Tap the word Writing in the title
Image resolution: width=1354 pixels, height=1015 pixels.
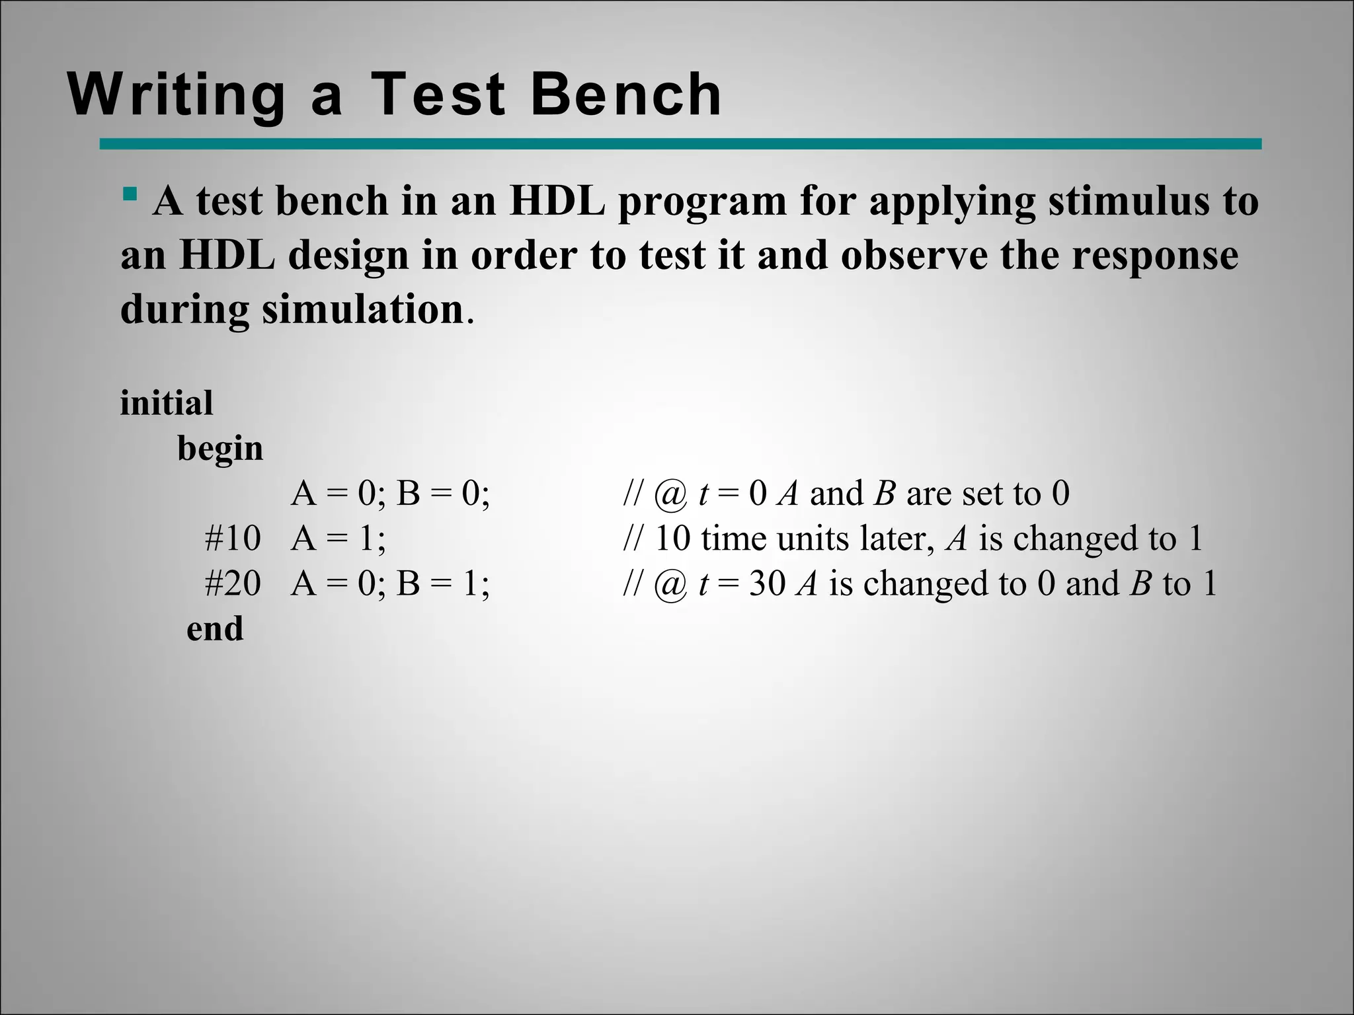pos(177,96)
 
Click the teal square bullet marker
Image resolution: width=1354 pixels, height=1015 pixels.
pos(130,194)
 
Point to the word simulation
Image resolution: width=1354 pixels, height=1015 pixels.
pos(363,309)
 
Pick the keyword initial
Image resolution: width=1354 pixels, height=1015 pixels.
pos(167,402)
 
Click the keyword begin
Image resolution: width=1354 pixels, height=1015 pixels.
pos(220,449)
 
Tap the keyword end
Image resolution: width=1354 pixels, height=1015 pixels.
pos(215,628)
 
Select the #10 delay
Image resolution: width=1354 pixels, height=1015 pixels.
pos(233,539)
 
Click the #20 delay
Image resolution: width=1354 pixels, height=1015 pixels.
pos(233,583)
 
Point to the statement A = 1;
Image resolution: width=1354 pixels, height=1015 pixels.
pos(338,539)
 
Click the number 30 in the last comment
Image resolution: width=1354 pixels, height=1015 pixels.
pos(767,583)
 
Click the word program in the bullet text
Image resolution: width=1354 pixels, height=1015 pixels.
pos(701,202)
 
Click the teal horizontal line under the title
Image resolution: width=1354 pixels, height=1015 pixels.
pos(680,144)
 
